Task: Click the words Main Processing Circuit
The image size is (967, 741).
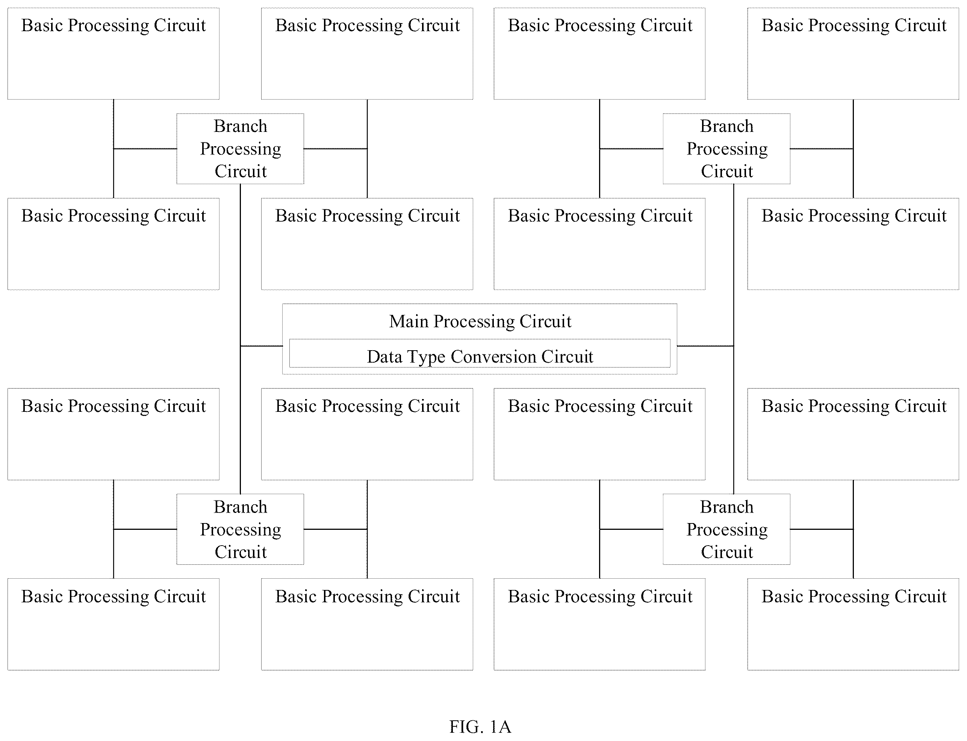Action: point(480,322)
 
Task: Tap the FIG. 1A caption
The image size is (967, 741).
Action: point(480,726)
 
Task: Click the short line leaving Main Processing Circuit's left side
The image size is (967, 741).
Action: point(261,346)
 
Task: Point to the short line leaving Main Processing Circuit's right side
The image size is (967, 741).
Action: point(705,346)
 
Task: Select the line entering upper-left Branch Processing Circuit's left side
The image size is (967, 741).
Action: point(145,149)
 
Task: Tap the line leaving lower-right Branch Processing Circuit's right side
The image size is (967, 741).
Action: point(822,529)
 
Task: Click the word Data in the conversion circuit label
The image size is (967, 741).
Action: point(384,356)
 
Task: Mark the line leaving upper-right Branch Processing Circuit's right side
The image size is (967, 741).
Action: point(822,149)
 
